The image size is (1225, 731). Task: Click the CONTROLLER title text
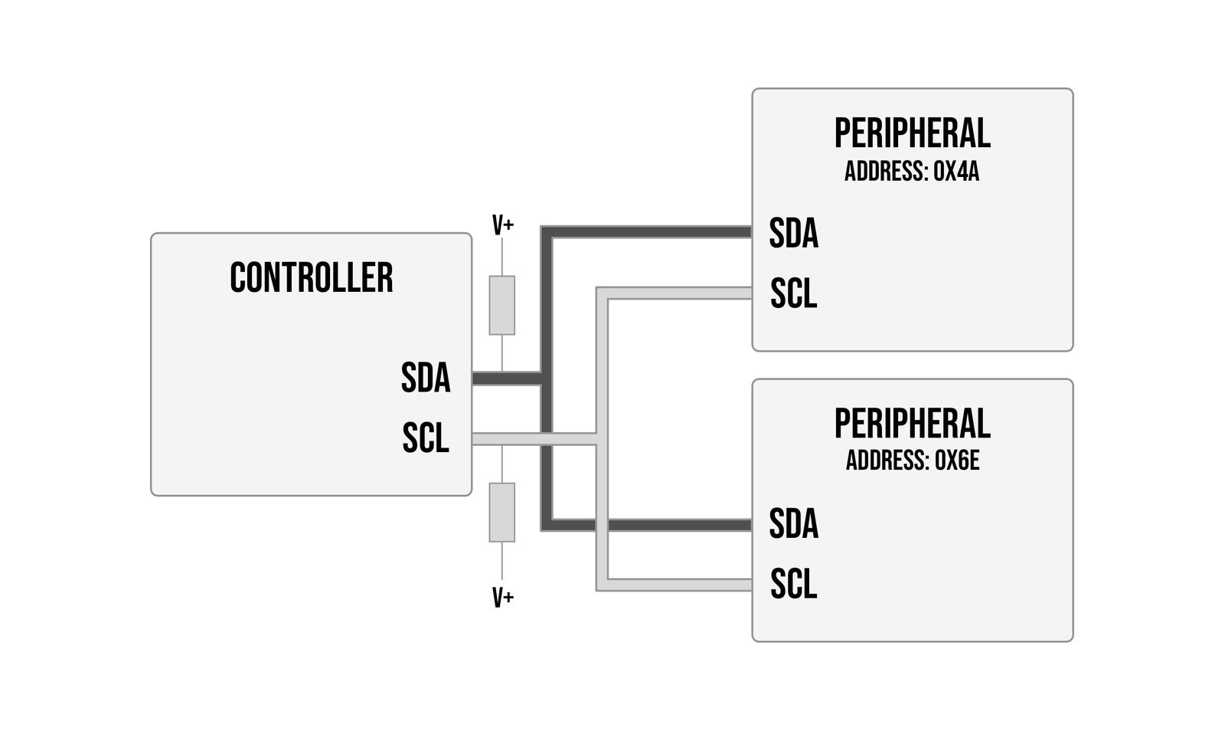point(311,278)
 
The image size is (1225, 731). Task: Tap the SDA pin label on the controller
point(425,378)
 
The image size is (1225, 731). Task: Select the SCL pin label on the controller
point(425,438)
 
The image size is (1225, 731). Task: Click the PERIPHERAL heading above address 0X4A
point(912,134)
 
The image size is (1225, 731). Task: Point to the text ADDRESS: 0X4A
point(912,172)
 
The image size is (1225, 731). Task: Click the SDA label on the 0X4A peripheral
point(793,233)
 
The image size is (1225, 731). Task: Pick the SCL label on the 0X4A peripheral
point(793,293)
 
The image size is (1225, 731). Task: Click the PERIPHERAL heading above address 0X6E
point(912,424)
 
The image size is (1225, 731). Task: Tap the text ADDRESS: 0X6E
point(912,461)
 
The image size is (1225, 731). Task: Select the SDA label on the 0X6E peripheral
point(793,524)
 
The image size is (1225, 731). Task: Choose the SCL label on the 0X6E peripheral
point(793,584)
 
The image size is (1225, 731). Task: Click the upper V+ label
point(502,226)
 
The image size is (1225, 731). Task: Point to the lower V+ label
point(502,598)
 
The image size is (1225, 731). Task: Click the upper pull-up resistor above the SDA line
point(502,305)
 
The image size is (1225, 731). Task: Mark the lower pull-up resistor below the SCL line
point(502,512)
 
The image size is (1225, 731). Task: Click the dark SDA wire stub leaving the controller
point(505,379)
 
